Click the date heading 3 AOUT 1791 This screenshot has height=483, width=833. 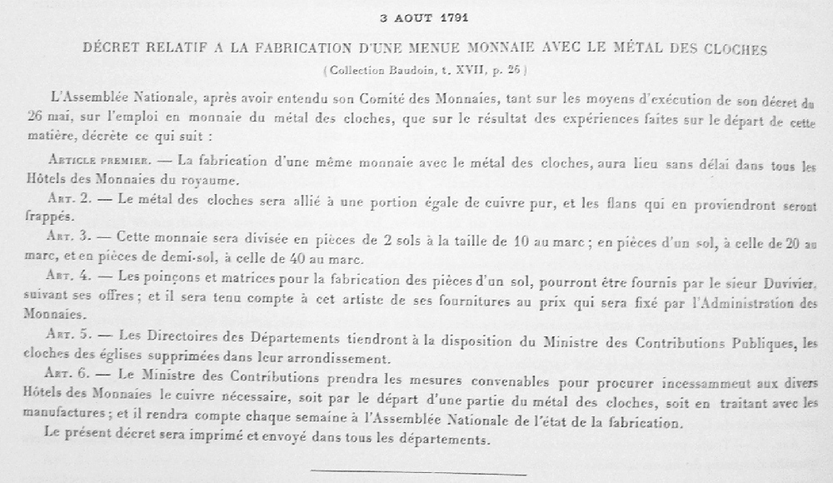click(x=417, y=17)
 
